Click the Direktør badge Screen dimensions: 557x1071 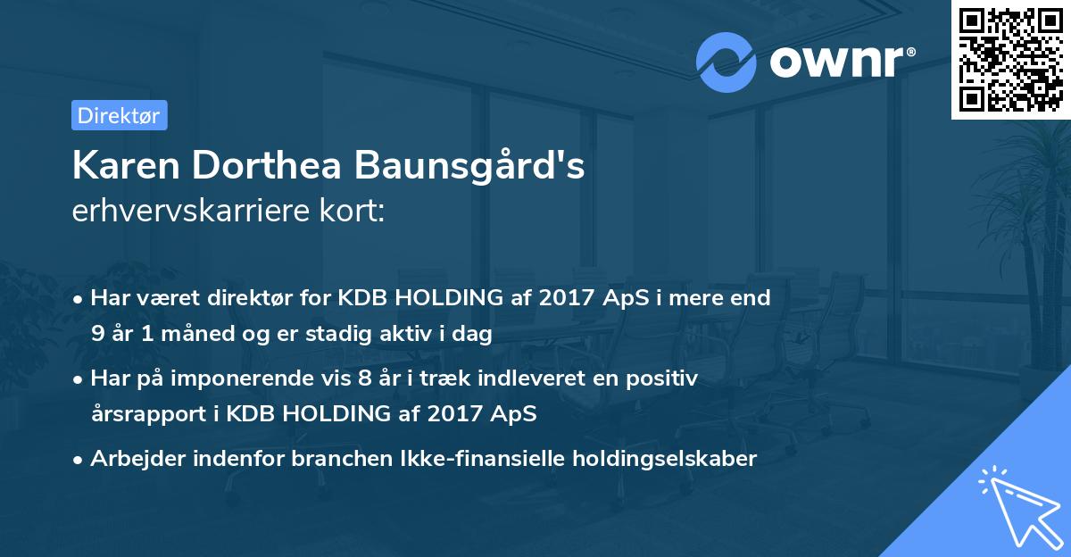[119, 116]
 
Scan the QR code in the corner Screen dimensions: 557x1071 [1009, 59]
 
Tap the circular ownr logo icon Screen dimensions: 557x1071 [726, 62]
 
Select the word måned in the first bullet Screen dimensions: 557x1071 [203, 334]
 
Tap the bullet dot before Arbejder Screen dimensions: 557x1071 [79, 460]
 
